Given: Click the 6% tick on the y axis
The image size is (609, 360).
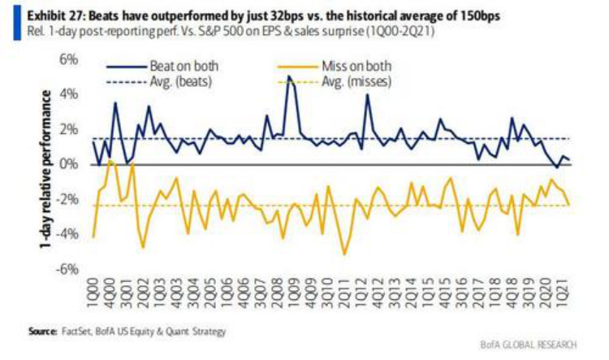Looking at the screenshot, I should click(67, 60).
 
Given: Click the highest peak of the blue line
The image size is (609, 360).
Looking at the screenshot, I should click(289, 76).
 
